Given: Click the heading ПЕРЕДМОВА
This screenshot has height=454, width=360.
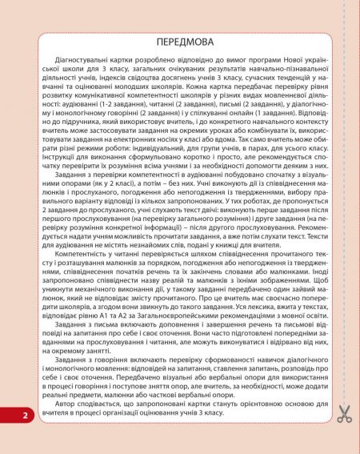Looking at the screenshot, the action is point(179,38).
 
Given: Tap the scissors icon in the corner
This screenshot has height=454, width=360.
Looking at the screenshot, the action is point(344,414).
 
